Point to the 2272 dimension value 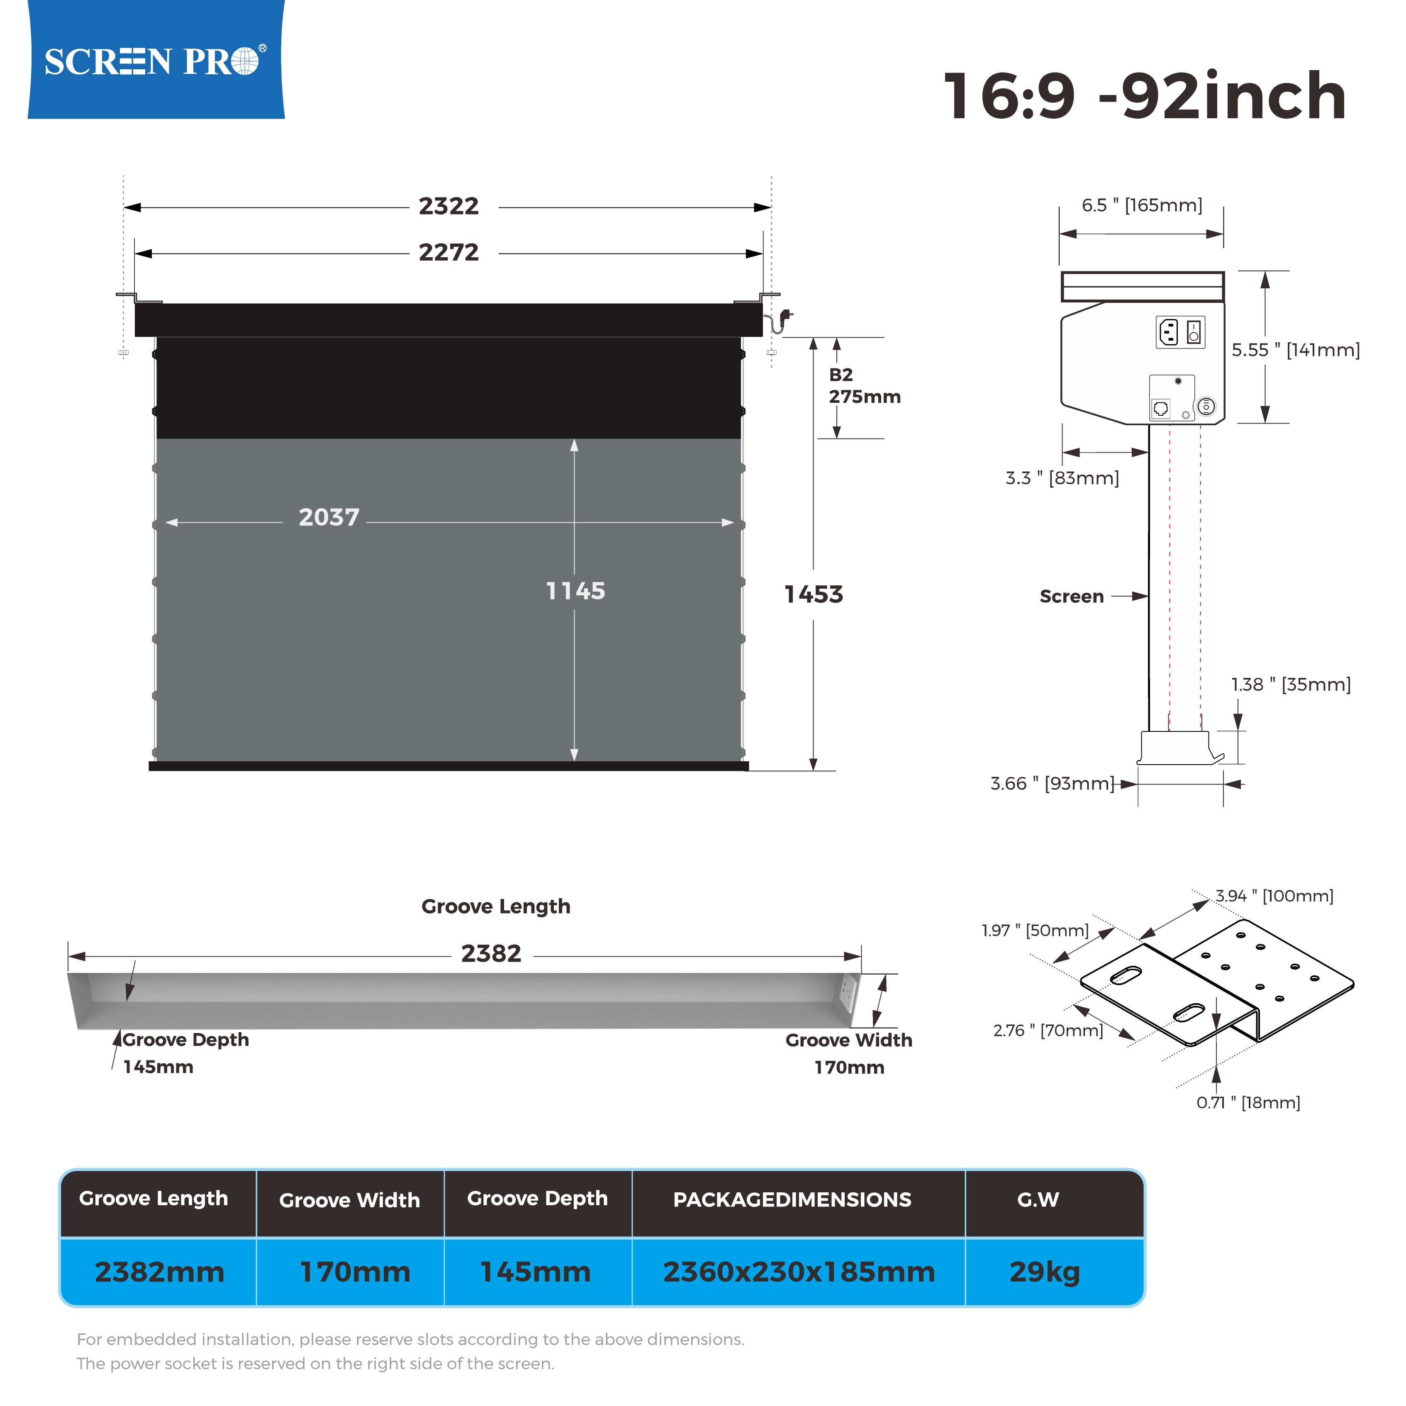(x=448, y=253)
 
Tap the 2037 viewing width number (x=329, y=517)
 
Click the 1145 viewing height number (x=575, y=591)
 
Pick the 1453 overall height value (x=814, y=595)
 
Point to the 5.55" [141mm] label (x=1295, y=350)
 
